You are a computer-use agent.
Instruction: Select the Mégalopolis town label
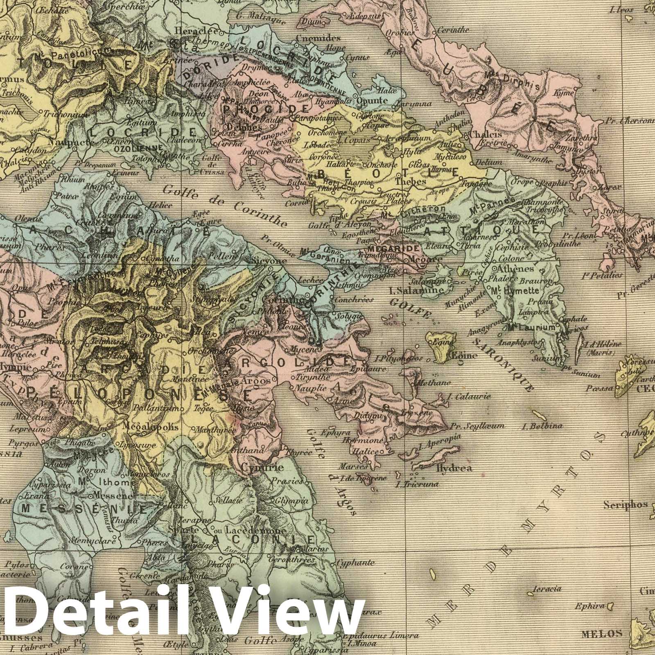[151, 426]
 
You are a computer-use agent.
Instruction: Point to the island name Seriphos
[625, 505]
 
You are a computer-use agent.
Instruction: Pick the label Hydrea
[454, 468]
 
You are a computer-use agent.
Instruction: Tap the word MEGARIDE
[388, 248]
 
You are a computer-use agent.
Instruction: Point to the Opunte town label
[372, 100]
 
